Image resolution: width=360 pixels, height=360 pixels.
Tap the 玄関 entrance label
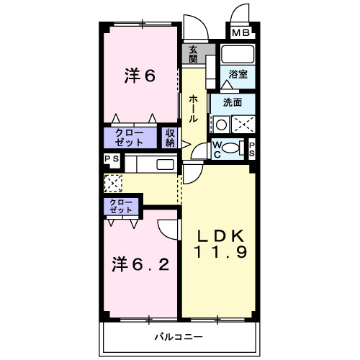[x=194, y=55]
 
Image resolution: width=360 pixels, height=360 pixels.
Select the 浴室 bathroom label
[x=238, y=74]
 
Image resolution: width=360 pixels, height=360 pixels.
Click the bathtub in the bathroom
[x=238, y=55]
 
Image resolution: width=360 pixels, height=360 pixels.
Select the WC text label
[x=217, y=148]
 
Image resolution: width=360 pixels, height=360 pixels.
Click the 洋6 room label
[x=140, y=76]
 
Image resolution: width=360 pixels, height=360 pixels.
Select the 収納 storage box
[x=170, y=137]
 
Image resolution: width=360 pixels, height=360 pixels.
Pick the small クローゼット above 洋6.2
[x=121, y=207]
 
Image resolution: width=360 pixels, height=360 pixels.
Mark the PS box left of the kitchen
[x=112, y=160]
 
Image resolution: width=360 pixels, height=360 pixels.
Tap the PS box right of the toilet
[x=252, y=148]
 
